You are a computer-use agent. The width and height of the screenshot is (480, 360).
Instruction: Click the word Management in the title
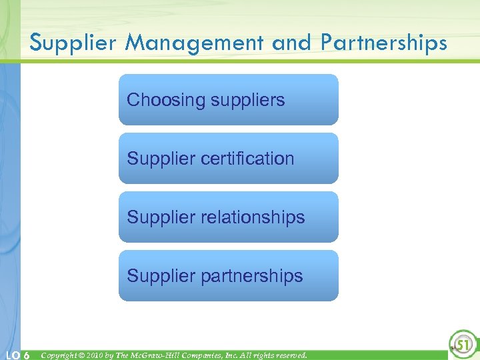coord(197,43)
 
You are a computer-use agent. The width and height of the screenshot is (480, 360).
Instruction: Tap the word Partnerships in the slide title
coord(384,43)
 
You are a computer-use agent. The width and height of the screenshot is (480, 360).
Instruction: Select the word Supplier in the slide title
coord(73,43)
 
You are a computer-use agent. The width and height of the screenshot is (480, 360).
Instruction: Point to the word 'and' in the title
coord(291,43)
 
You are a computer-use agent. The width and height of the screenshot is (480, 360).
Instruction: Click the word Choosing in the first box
coord(166,101)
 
